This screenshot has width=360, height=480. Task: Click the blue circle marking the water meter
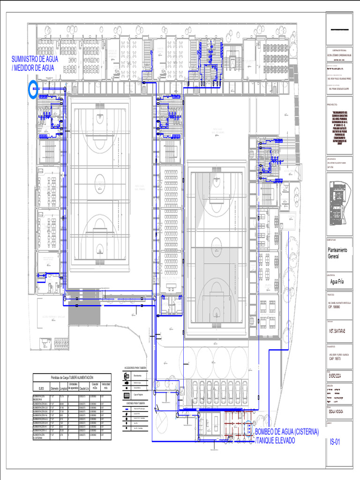(33, 89)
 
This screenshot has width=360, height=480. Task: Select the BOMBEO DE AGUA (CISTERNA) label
(286, 431)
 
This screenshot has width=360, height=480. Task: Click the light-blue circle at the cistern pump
(247, 428)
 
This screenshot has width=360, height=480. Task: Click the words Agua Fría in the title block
(337, 282)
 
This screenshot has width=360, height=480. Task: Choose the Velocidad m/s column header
(106, 386)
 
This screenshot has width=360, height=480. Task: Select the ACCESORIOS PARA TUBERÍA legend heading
(135, 368)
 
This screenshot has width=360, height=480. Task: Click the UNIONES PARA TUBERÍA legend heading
(135, 403)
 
